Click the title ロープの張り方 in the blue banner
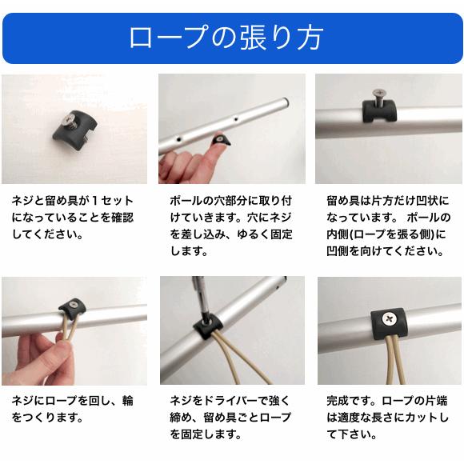231,38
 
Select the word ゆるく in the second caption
253,235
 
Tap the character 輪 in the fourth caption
127,400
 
